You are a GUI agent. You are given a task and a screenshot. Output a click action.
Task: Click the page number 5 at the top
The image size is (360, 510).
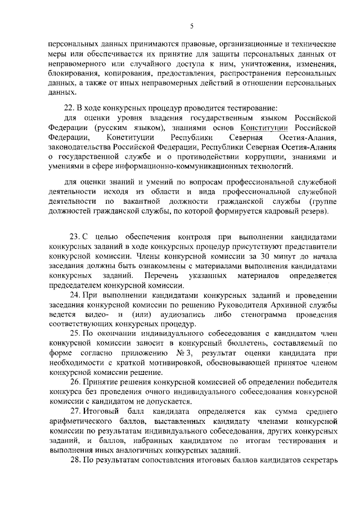coord(192,25)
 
